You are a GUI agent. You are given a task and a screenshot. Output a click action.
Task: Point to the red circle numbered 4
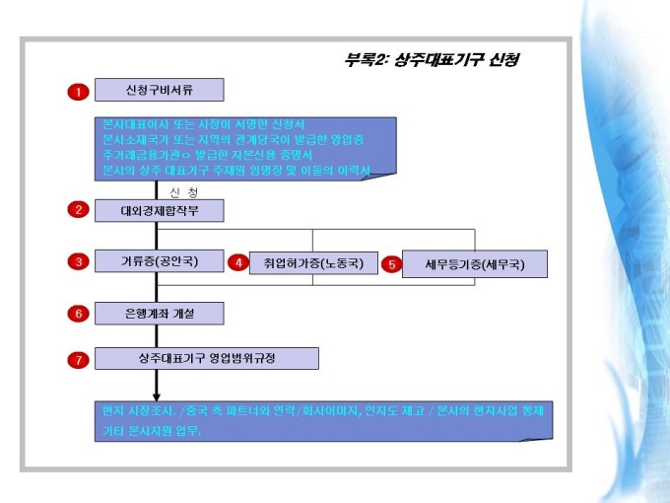[x=237, y=263]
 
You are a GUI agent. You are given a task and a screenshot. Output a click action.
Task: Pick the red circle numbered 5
[x=392, y=264]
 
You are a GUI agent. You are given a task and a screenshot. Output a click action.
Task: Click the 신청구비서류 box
[x=159, y=91]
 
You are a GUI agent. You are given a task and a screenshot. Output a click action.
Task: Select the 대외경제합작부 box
[x=159, y=210]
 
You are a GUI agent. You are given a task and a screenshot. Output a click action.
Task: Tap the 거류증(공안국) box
[x=159, y=261]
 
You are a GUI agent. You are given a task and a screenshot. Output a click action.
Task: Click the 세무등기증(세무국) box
[x=474, y=264]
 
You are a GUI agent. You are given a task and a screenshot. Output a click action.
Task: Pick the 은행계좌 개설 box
[x=159, y=313]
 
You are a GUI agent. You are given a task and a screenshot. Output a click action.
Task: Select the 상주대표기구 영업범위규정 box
[x=207, y=358]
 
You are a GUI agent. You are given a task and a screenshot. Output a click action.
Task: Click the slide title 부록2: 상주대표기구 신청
[x=432, y=59]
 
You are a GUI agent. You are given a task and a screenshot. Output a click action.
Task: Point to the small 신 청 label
[x=183, y=190]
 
